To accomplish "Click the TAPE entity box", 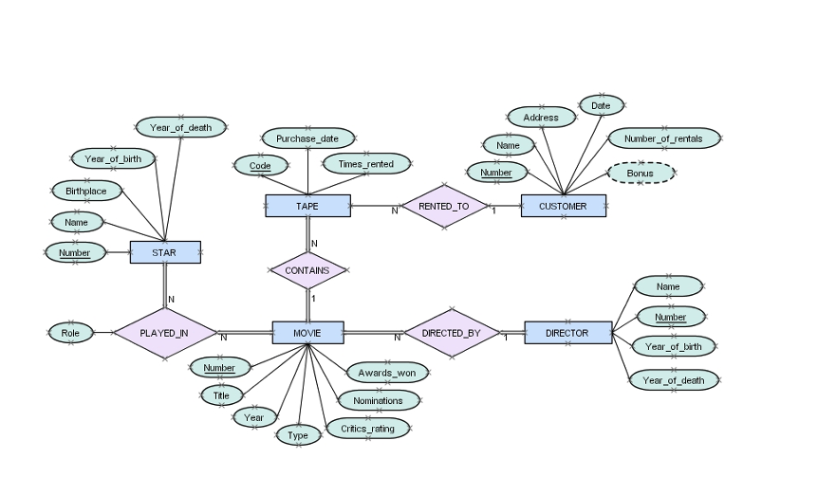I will click(307, 206).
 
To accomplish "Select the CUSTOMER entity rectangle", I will click(563, 206).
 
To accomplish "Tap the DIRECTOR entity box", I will click(567, 333).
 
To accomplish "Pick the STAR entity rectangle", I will click(164, 252).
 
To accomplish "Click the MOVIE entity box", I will click(307, 333).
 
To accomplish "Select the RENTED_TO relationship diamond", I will click(443, 206).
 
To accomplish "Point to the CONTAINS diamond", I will click(307, 270).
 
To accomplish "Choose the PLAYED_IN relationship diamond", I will click(164, 333).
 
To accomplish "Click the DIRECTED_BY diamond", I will click(452, 333).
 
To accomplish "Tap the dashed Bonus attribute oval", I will click(641, 174).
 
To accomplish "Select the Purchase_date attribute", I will click(307, 138).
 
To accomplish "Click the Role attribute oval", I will click(70, 333).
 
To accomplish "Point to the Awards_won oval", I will click(387, 373).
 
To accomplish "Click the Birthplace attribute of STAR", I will click(86, 191).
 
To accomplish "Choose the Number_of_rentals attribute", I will click(663, 139).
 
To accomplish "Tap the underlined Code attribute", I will click(260, 166).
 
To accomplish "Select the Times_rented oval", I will click(366, 164).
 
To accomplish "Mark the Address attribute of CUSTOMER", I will click(541, 118).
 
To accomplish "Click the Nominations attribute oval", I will click(378, 401).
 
